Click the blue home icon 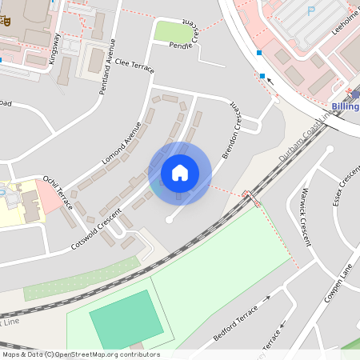click(x=180, y=173)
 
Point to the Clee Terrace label click(x=133, y=61)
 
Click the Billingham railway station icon click(x=355, y=94)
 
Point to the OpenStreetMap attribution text click(x=80, y=354)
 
